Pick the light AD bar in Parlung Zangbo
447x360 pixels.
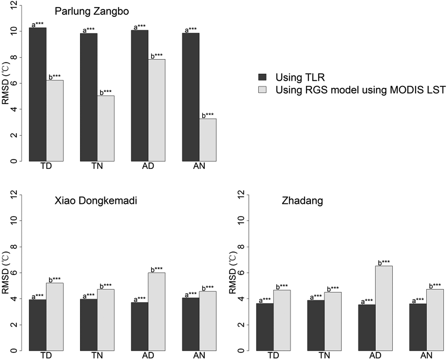156,110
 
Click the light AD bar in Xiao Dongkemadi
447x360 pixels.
156,311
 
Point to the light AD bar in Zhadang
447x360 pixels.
384,308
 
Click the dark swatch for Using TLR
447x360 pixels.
262,77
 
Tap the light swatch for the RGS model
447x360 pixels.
262,90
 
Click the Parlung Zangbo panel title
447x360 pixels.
92,11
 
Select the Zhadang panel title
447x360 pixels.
302,201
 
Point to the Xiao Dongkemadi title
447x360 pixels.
96,201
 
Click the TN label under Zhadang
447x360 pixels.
324,355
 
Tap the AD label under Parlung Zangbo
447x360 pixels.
148,166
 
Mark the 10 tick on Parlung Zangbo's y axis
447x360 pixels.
14,31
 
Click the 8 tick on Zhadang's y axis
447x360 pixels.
242,247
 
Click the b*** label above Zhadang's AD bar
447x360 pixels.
384,263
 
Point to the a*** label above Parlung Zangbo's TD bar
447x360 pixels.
38,24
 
